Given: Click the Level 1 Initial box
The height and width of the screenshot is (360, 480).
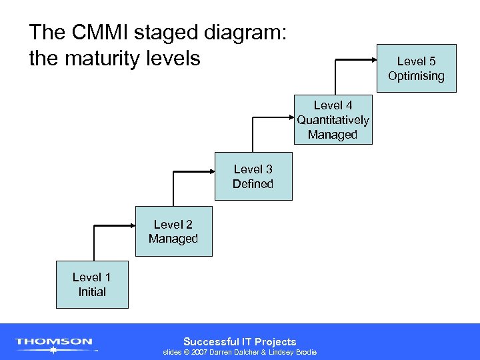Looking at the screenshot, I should (92, 285).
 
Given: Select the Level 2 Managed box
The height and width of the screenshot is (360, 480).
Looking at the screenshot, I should (173, 232).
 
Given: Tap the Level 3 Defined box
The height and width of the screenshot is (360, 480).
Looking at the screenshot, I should (253, 177).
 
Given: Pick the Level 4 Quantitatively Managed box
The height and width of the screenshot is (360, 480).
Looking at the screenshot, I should (333, 120).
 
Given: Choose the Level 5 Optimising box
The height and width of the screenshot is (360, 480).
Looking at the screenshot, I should (416, 68).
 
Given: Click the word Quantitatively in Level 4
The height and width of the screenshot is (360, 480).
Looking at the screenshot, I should (333, 120).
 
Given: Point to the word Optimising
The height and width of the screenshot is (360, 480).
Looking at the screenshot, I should (416, 75).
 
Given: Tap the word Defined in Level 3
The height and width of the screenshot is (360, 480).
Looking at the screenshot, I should (253, 184).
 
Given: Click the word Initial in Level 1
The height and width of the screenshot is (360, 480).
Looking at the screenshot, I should (92, 291).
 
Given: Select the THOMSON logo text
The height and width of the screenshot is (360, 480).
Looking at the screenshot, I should (54, 341).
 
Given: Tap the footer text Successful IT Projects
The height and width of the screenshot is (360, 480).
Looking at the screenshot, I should (239, 341).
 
